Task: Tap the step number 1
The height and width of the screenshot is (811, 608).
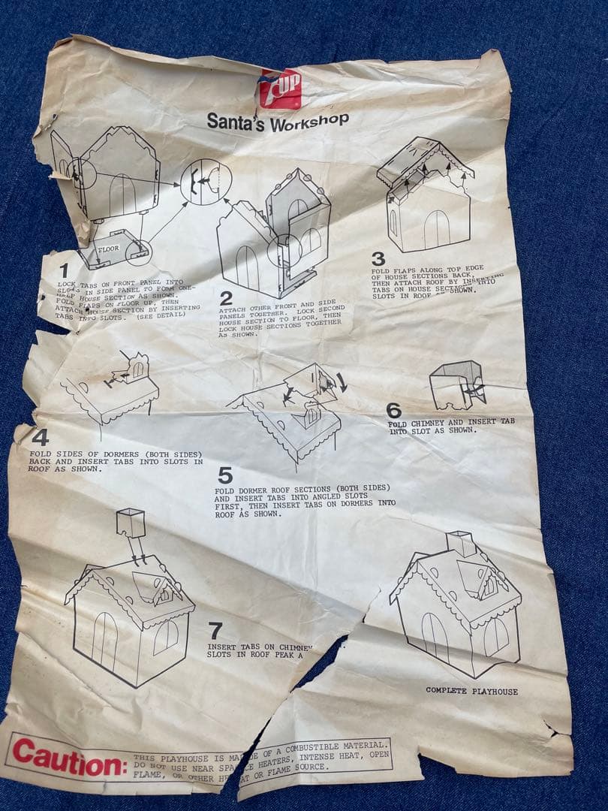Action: point(64,270)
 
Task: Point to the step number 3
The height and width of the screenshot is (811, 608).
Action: point(378,259)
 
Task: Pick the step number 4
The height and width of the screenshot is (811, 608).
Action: point(40,437)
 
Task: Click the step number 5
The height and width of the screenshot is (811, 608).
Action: point(225,475)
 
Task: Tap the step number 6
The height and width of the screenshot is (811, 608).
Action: point(394,410)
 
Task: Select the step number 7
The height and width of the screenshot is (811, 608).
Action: point(215,630)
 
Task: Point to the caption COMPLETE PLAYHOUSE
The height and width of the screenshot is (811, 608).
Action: point(471,690)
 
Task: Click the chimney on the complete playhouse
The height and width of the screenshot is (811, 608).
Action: point(459,544)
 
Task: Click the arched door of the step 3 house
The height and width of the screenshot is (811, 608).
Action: point(435,228)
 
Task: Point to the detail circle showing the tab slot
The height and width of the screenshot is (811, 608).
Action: point(206,182)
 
